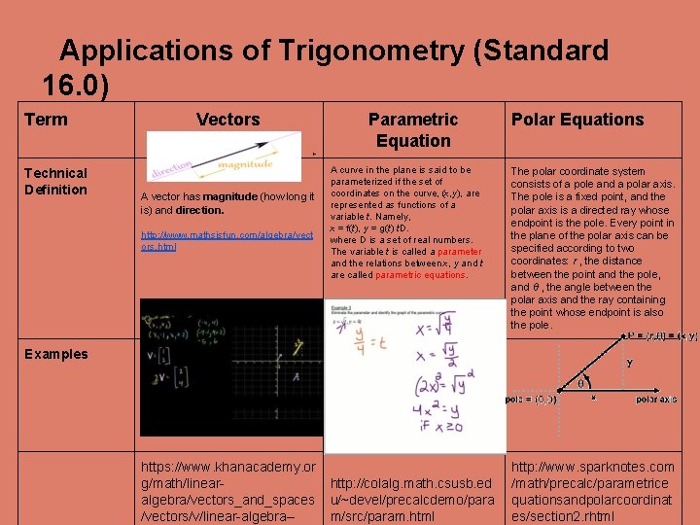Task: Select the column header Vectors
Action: [x=227, y=120]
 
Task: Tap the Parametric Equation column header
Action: [x=412, y=129]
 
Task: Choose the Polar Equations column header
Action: [x=577, y=120]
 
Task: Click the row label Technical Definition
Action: [x=55, y=181]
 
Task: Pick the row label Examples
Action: [x=55, y=354]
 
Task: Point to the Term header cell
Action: [x=46, y=120]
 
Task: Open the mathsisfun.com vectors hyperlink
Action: [x=227, y=241]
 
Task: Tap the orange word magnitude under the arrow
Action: [x=245, y=165]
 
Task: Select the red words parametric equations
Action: [x=420, y=275]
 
